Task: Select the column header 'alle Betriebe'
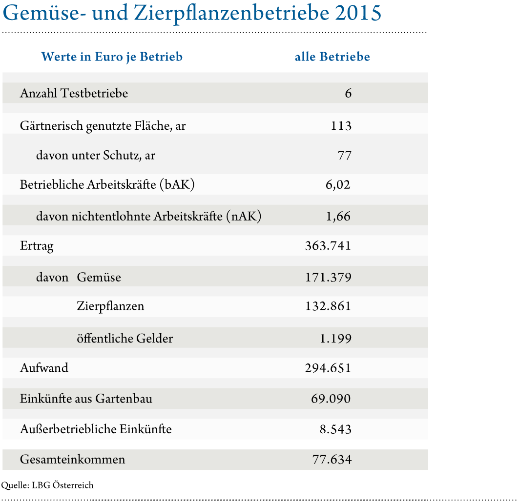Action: tap(332, 57)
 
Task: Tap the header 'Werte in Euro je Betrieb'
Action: tap(112, 57)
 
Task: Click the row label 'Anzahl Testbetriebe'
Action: tap(74, 93)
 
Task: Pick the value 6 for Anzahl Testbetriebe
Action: tap(348, 93)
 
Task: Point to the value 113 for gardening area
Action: tap(341, 126)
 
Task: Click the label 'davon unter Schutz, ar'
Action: tap(96, 156)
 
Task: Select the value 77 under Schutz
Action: tap(344, 156)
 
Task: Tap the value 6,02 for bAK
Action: tap(338, 185)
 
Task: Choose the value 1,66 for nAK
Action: tap(338, 216)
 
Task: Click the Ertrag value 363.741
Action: tap(328, 246)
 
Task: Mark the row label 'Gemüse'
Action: tap(99, 278)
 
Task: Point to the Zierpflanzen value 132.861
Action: tap(328, 306)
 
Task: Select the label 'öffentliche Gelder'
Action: tap(125, 338)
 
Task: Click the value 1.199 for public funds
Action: tap(335, 338)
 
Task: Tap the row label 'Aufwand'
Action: tap(44, 368)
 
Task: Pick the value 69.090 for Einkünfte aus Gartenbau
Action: tap(331, 399)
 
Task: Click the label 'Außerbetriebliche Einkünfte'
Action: tap(96, 429)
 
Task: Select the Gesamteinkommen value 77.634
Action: tap(332, 460)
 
